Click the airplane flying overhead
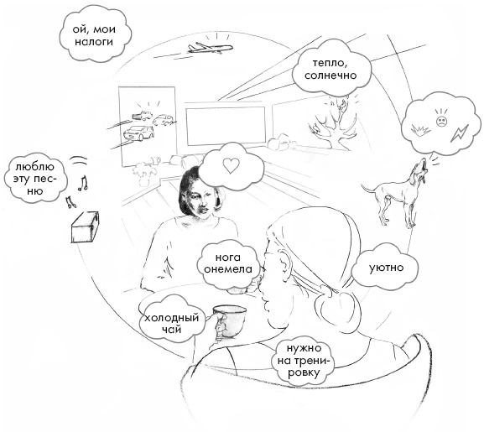click(x=210, y=48)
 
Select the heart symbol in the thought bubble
click(x=232, y=165)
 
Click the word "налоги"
click(x=94, y=42)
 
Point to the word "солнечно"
click(x=330, y=75)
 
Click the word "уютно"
click(x=387, y=268)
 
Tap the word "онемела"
click(x=228, y=268)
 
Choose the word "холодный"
click(x=171, y=318)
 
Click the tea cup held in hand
click(x=229, y=321)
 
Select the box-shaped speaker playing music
click(x=85, y=226)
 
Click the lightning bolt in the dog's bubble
click(x=460, y=133)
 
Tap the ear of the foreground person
click(x=283, y=263)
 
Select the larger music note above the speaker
click(x=83, y=183)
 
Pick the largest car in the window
click(x=138, y=133)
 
